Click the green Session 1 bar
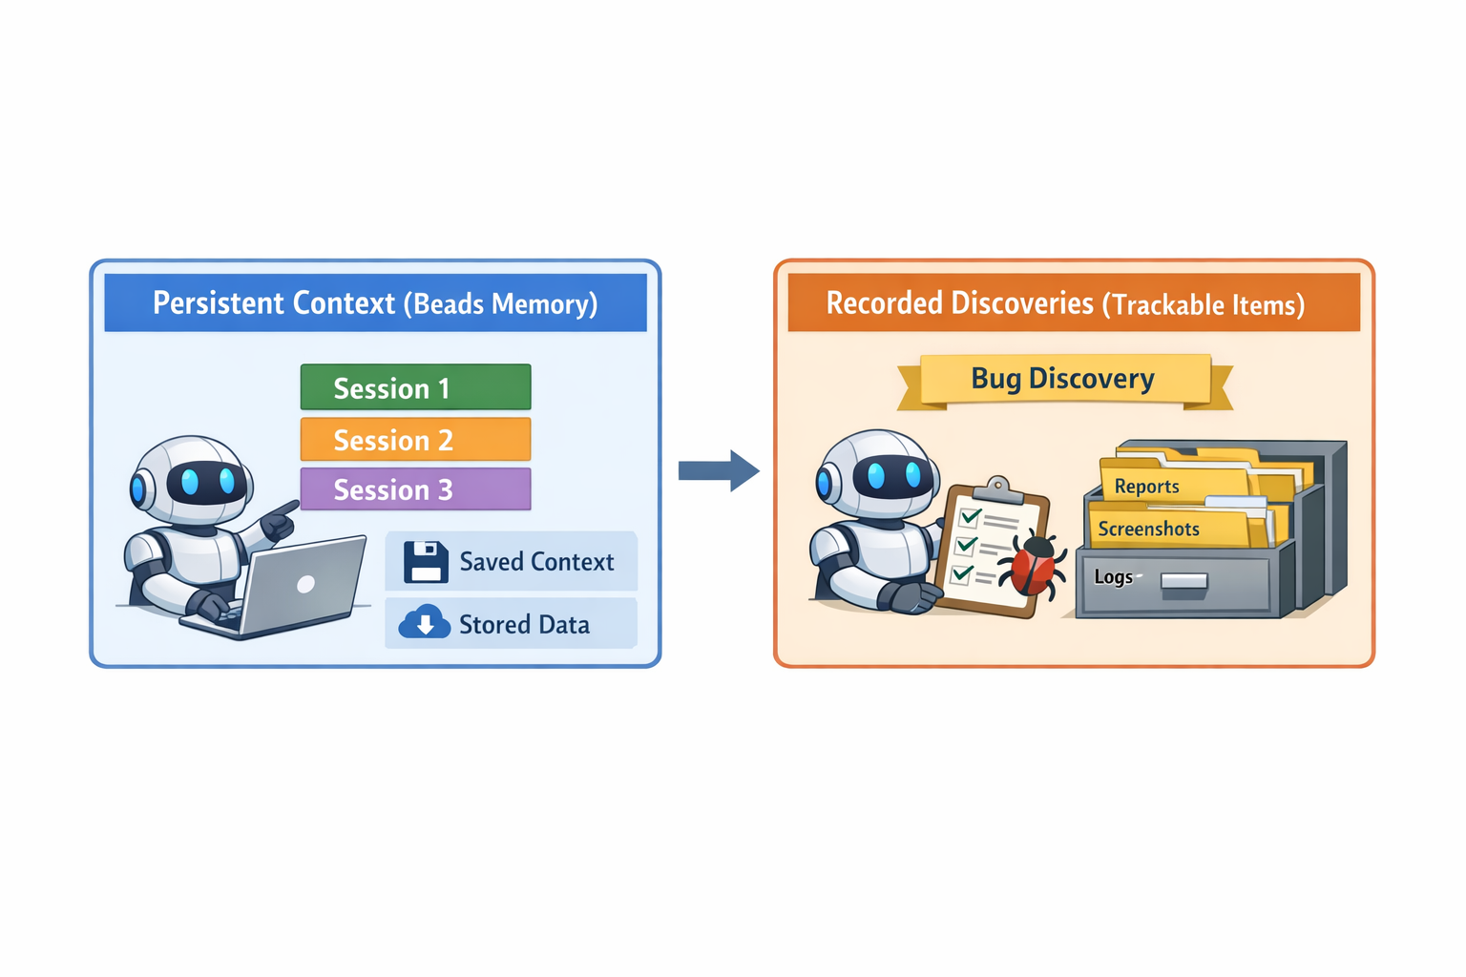415,387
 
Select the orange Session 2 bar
415,439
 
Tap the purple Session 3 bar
415,489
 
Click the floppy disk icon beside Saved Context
426,562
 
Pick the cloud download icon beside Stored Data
425,623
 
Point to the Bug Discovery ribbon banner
1063,380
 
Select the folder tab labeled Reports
1146,486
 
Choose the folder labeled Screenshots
1149,529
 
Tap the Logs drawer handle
1184,581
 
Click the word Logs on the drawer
1113,577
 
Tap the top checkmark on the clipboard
971,518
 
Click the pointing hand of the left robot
279,521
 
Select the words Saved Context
536,562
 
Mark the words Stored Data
524,625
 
